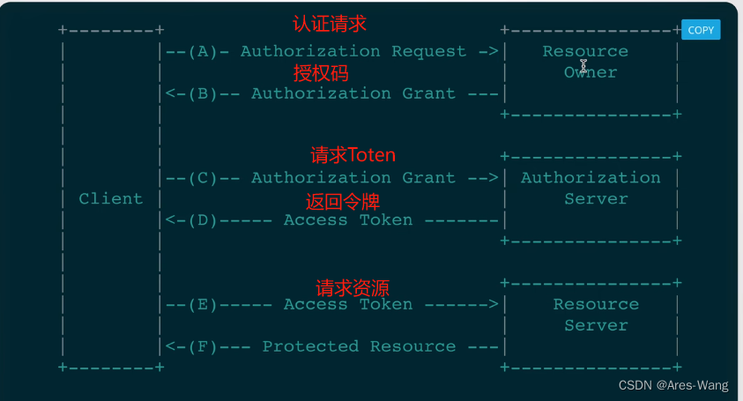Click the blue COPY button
pyautogui.click(x=701, y=30)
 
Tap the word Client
pyautogui.click(x=110, y=199)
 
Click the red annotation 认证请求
pyautogui.click(x=329, y=24)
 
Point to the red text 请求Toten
pyautogui.click(x=353, y=155)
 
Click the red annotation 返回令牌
pyautogui.click(x=342, y=201)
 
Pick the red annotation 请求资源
pyautogui.click(x=353, y=287)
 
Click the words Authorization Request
pyautogui.click(x=353, y=51)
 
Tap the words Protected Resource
pyautogui.click(x=359, y=346)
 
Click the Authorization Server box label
pyautogui.click(x=591, y=188)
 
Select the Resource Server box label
pyautogui.click(x=596, y=315)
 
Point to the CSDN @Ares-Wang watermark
pyautogui.click(x=674, y=385)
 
